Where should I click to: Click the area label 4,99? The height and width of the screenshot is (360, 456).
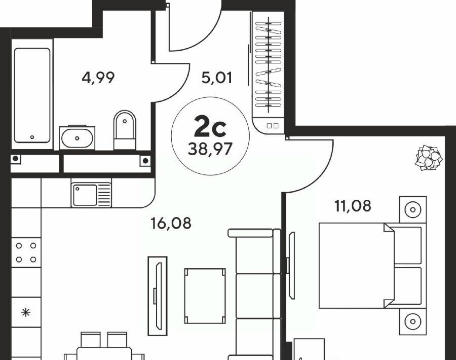click(x=98, y=78)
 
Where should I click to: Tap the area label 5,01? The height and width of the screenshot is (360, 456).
click(x=217, y=78)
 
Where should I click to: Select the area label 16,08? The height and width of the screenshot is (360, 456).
click(x=171, y=223)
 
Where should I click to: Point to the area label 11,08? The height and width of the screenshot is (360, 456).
click(x=353, y=206)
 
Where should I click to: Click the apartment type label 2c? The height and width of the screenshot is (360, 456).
click(x=210, y=126)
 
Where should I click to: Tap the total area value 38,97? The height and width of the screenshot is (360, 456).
click(x=210, y=149)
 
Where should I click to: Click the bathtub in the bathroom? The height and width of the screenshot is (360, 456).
click(x=32, y=95)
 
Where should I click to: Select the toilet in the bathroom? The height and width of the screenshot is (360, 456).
click(x=125, y=130)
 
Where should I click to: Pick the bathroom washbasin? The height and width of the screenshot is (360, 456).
click(x=77, y=137)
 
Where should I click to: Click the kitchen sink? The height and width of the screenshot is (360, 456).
click(x=91, y=195)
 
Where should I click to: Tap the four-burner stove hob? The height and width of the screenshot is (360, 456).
click(x=26, y=253)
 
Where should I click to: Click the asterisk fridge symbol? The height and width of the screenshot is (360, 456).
click(x=26, y=312)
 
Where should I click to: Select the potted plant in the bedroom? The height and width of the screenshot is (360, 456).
click(x=429, y=158)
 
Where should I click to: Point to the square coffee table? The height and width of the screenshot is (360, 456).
click(x=205, y=296)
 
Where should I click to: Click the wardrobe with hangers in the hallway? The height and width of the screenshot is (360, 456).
click(x=268, y=73)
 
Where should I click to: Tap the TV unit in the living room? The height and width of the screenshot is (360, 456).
click(x=158, y=296)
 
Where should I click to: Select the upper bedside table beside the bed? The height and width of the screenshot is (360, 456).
click(x=412, y=209)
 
